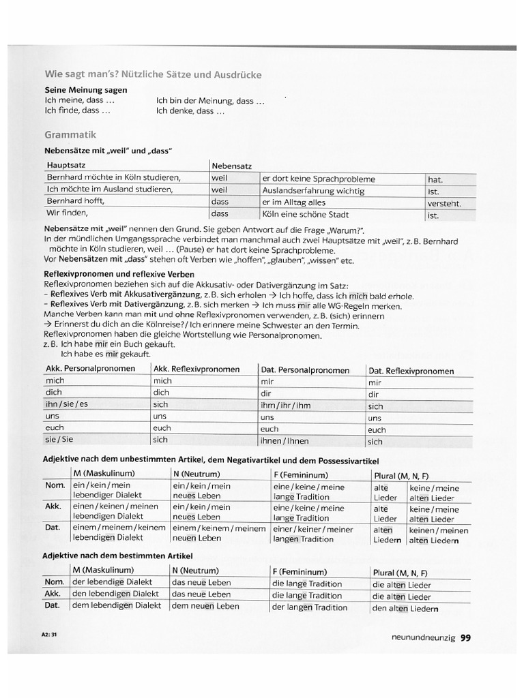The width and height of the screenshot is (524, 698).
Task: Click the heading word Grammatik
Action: click(70, 135)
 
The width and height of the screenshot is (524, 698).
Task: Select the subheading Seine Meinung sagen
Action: click(86, 90)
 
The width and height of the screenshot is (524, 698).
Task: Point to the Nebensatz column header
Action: click(232, 166)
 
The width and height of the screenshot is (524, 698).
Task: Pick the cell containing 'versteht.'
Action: click(444, 203)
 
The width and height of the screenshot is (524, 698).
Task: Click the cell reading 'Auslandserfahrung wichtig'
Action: click(313, 191)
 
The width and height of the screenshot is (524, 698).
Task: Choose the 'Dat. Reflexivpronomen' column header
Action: click(411, 371)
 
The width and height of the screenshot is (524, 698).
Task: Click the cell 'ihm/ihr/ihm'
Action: click(285, 406)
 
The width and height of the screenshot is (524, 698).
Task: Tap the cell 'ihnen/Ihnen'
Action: click(285, 441)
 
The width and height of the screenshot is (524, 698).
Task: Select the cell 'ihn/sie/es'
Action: click(67, 404)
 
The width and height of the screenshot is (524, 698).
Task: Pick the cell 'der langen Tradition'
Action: click(309, 607)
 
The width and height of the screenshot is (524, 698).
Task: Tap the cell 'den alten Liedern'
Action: click(405, 609)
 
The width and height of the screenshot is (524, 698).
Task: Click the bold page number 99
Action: click(465, 638)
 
